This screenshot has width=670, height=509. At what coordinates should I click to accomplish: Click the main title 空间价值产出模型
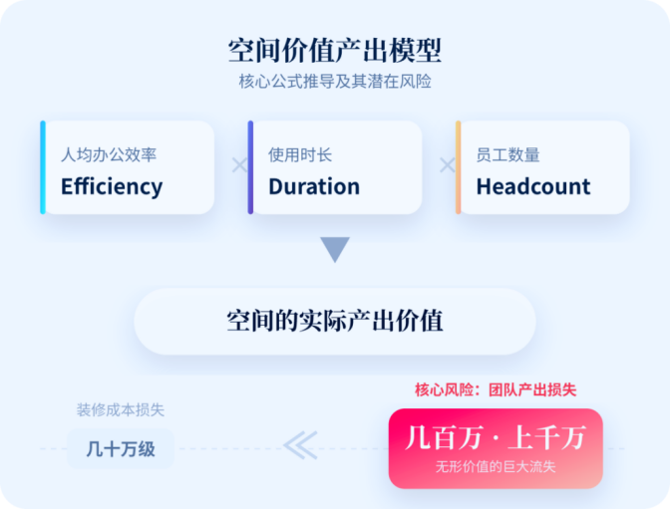[335, 51]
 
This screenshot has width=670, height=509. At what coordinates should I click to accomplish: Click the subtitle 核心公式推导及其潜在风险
[335, 81]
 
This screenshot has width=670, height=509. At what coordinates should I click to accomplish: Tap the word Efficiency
[112, 187]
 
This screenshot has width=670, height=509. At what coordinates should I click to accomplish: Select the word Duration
[314, 186]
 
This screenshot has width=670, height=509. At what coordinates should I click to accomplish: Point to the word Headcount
[533, 186]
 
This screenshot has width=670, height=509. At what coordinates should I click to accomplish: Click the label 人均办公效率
[109, 154]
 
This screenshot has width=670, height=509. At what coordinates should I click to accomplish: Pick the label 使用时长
[300, 154]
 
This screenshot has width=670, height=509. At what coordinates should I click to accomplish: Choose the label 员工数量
[508, 154]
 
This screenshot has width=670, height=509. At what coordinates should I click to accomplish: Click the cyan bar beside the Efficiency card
[43, 167]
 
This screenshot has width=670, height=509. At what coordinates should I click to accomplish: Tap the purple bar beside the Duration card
[250, 167]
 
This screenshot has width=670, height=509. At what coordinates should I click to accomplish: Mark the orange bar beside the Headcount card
[458, 167]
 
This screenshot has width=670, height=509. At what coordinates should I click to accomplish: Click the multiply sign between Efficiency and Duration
[239, 164]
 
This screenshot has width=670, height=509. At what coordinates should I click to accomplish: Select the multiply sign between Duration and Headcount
[448, 164]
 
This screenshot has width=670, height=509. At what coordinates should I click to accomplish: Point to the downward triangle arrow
[335, 248]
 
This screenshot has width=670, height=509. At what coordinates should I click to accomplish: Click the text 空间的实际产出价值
[335, 321]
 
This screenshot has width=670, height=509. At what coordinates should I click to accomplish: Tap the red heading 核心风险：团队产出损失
[496, 389]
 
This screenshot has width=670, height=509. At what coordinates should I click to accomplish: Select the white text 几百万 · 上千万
[496, 437]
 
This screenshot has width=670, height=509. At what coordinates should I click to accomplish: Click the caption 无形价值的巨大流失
[496, 467]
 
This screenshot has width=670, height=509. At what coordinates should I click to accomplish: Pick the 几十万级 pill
[121, 449]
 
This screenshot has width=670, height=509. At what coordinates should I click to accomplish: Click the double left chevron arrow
[300, 445]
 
